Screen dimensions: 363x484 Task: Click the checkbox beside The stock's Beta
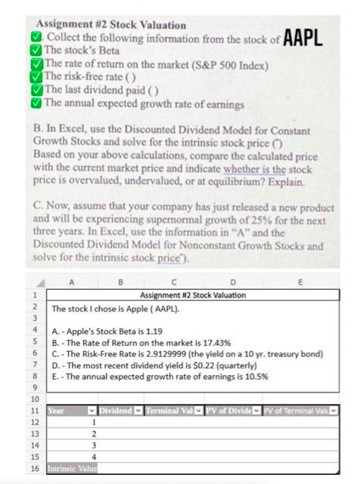(36, 51)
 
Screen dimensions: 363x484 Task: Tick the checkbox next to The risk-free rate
(36, 77)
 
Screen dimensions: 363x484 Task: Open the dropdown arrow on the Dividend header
(131, 412)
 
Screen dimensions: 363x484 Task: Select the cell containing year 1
(92, 424)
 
